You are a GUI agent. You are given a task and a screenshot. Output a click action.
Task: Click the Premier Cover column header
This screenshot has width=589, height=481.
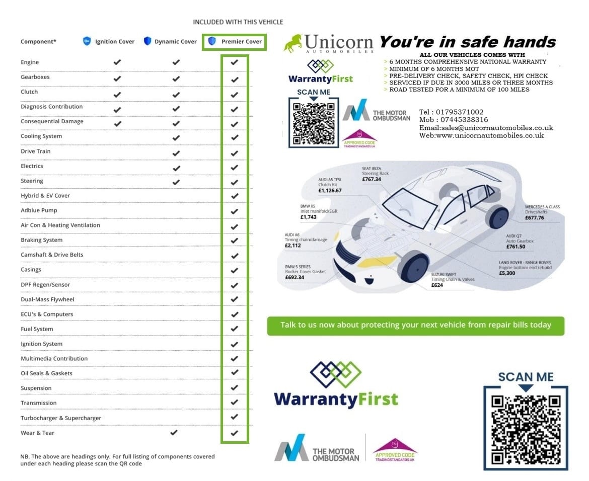tap(235, 42)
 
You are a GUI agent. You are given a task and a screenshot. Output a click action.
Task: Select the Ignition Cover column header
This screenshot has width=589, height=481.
tap(109, 42)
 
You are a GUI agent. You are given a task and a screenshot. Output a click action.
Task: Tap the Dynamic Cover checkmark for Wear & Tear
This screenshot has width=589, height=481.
tap(174, 433)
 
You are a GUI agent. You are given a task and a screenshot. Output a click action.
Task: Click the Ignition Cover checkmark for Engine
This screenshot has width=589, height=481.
tap(117, 62)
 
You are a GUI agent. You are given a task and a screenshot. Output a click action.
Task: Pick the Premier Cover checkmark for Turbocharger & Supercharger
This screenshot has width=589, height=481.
tap(235, 417)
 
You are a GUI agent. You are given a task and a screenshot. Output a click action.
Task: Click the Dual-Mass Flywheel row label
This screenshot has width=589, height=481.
tap(47, 299)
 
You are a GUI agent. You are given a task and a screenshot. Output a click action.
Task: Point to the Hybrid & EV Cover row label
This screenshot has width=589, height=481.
tap(45, 196)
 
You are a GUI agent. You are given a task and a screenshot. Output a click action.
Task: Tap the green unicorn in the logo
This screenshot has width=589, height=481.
tap(293, 44)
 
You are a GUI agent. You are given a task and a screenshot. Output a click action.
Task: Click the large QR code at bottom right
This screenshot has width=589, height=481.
tap(526, 429)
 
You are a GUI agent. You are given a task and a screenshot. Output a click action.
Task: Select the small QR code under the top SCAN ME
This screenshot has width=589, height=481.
tap(314, 123)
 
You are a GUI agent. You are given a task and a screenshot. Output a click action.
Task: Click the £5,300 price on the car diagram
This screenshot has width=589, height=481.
tap(507, 273)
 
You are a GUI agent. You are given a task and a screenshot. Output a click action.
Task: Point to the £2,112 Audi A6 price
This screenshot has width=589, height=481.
tap(292, 246)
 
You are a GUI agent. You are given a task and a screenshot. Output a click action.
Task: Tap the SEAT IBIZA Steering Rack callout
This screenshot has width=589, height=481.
tap(375, 174)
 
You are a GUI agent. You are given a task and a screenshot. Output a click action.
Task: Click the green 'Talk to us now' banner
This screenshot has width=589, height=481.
tap(415, 326)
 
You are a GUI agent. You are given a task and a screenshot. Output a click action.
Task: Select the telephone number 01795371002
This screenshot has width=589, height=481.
tap(460, 112)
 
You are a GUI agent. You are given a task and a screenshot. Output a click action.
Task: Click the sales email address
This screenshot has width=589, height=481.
tap(497, 128)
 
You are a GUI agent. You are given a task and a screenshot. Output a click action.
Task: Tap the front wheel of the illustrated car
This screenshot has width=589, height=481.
tap(414, 267)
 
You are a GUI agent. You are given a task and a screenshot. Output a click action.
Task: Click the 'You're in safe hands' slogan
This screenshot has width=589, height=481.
tap(468, 42)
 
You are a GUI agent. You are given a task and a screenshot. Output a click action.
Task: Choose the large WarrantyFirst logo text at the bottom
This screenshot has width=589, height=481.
tap(336, 399)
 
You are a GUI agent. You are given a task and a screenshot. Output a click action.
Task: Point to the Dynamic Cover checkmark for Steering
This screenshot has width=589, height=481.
tap(176, 182)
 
